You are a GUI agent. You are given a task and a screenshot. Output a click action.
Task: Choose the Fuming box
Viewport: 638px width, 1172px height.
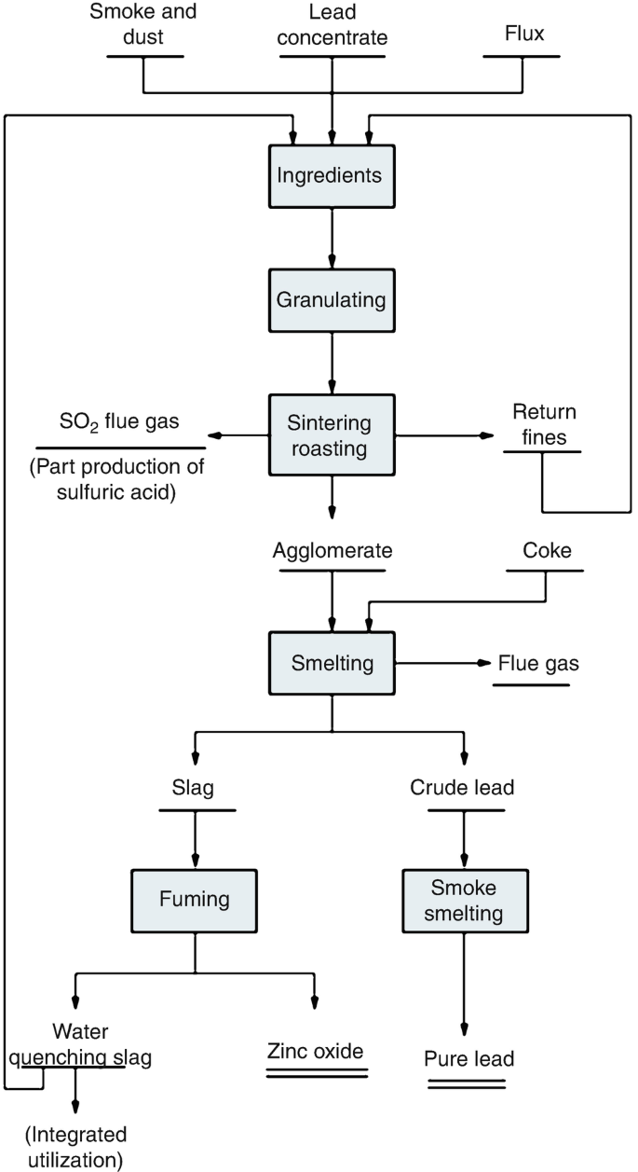(194, 901)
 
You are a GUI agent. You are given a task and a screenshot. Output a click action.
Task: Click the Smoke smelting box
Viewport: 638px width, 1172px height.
(464, 901)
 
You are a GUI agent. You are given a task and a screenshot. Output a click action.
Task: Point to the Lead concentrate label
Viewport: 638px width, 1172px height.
(333, 26)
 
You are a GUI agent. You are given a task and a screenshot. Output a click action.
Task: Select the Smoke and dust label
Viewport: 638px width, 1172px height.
(143, 26)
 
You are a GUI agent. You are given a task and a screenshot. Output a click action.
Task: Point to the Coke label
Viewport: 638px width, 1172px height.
(545, 551)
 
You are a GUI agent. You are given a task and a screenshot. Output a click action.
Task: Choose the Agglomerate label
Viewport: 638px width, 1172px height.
(333, 551)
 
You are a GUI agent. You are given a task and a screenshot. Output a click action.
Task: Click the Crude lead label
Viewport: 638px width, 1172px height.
(463, 788)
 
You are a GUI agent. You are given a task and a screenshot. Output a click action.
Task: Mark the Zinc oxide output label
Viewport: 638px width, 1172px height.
(314, 1051)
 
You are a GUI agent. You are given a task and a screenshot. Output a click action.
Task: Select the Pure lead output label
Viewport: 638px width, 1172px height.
(468, 1059)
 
